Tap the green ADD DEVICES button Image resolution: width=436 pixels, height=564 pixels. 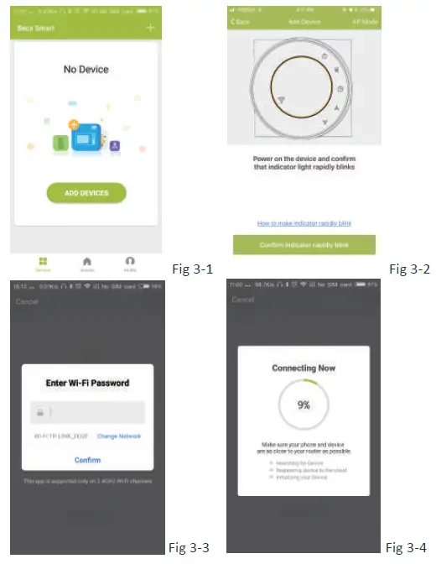point(86,193)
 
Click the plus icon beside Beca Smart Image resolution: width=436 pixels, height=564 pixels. point(151,28)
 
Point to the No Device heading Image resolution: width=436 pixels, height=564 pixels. point(86,69)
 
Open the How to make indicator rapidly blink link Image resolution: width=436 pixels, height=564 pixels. point(304,222)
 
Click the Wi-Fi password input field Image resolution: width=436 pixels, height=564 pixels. point(96,413)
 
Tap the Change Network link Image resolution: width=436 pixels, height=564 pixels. point(119,436)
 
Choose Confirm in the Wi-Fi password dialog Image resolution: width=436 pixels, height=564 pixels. point(87,460)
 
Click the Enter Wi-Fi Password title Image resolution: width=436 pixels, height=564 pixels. point(87,384)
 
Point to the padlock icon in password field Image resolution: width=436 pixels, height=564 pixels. point(39,413)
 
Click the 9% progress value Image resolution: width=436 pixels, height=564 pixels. point(304,405)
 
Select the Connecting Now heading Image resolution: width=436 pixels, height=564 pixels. point(304,368)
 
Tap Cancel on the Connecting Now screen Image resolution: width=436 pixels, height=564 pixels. point(242,300)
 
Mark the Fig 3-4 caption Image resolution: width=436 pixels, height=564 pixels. point(407,548)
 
